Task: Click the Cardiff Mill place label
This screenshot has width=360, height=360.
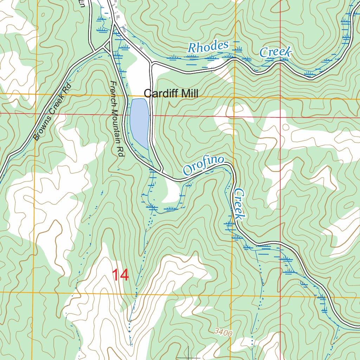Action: point(171,94)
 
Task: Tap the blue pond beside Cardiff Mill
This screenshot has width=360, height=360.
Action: point(140,122)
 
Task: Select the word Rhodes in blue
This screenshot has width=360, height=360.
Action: point(208,47)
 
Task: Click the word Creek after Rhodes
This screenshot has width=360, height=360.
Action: point(276,52)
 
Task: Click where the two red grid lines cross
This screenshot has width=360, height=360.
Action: point(280,117)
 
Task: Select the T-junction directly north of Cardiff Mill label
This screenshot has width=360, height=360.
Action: point(151,63)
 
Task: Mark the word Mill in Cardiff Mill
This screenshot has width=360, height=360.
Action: point(188,94)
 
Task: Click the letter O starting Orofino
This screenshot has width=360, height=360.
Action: point(187,172)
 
